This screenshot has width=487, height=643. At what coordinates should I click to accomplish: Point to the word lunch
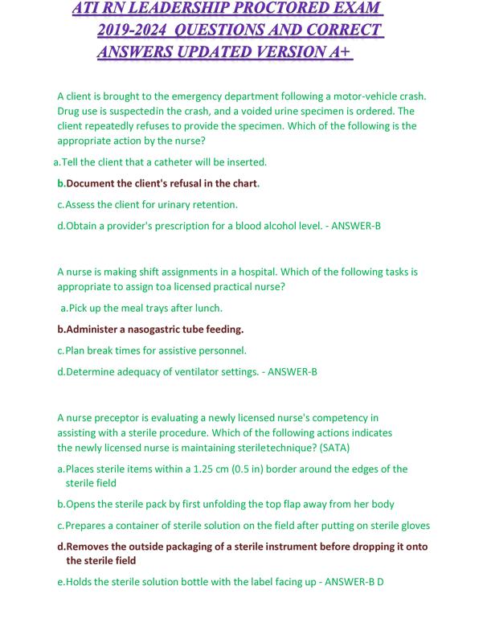point(208,308)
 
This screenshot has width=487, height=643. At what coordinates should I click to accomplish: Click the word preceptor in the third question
point(111,418)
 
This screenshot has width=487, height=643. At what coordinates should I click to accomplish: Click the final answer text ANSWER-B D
point(354,582)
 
